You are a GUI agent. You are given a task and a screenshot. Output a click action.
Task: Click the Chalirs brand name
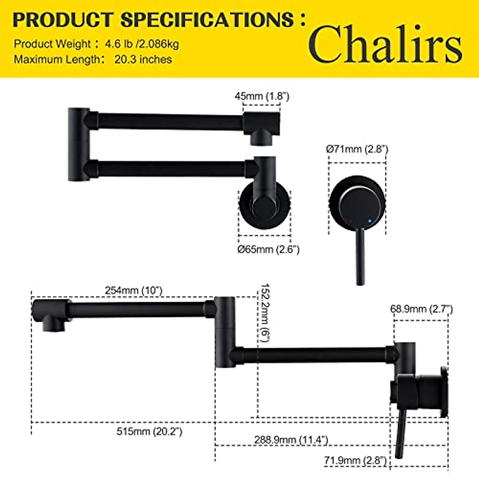385,44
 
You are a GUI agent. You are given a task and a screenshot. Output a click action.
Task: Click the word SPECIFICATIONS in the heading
208,20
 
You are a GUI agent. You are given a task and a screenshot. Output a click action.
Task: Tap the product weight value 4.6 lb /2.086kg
142,44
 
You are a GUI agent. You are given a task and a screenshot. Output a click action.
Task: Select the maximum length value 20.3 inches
143,59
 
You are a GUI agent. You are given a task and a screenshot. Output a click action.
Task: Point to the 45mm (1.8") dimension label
261,96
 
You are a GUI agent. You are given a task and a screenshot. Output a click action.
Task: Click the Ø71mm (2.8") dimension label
357,149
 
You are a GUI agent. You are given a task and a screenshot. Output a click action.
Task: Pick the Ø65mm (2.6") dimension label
268,249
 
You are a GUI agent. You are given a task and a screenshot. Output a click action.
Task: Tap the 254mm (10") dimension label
134,290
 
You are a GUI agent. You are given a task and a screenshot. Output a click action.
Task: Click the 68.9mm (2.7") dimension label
421,309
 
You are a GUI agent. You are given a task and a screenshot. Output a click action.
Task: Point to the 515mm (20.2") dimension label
149,431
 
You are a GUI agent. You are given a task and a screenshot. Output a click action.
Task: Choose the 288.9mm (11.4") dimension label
291,440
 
